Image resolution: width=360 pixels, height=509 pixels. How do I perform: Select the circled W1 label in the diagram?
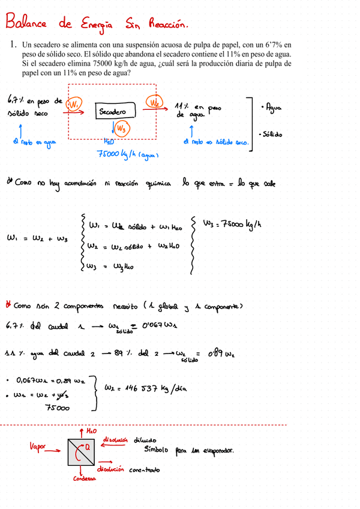(x=74, y=105)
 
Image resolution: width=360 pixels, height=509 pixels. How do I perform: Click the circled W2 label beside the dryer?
(x=155, y=103)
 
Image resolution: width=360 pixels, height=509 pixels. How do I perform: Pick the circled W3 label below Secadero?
(x=121, y=127)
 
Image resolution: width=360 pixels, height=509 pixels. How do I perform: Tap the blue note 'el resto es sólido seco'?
(x=215, y=142)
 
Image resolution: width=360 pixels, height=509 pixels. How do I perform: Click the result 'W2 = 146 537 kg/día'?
(x=145, y=388)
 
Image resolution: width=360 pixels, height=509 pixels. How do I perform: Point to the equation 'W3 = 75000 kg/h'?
(x=231, y=224)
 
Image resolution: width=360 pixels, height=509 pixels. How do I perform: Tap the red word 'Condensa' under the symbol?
(x=85, y=478)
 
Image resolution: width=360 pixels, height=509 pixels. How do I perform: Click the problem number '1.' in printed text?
(x=11, y=45)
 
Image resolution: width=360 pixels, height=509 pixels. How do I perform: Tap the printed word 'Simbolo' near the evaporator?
(x=158, y=450)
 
